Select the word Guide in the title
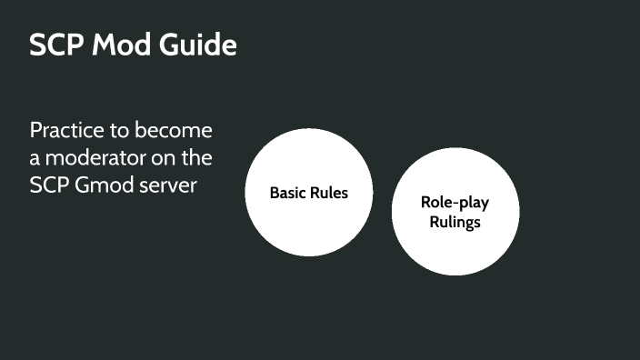point(199,45)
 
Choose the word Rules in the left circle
point(329,193)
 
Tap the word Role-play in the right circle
point(455,203)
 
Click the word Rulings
point(455,221)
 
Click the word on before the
point(168,158)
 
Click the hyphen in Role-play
point(452,204)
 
